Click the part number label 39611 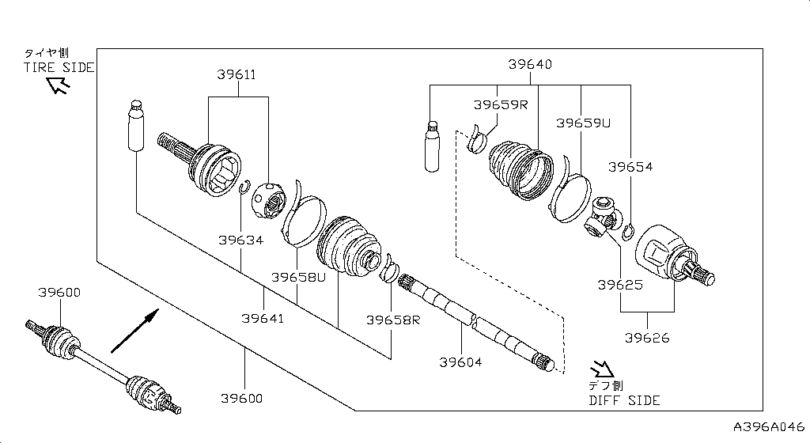pyautogui.click(x=237, y=75)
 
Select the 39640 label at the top pyautogui.click(x=530, y=64)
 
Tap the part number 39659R pyautogui.click(x=500, y=104)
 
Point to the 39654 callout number pyautogui.click(x=630, y=167)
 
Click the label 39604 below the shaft pyautogui.click(x=460, y=362)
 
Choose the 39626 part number pyautogui.click(x=647, y=338)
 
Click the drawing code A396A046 pyautogui.click(x=769, y=426)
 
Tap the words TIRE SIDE pyautogui.click(x=58, y=68)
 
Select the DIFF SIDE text pyautogui.click(x=624, y=400)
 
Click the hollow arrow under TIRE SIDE pyautogui.click(x=58, y=85)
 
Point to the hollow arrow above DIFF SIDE pyautogui.click(x=602, y=369)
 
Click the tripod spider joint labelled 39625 pyautogui.click(x=605, y=218)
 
